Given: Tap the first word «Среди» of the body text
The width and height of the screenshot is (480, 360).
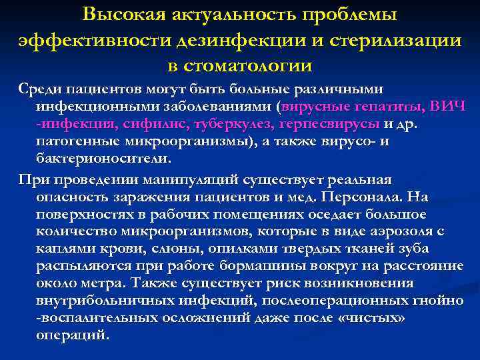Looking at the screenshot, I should [41, 89].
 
